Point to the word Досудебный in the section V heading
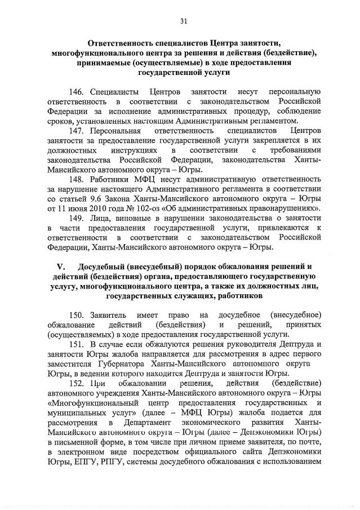pyautogui.click(x=103, y=267)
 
